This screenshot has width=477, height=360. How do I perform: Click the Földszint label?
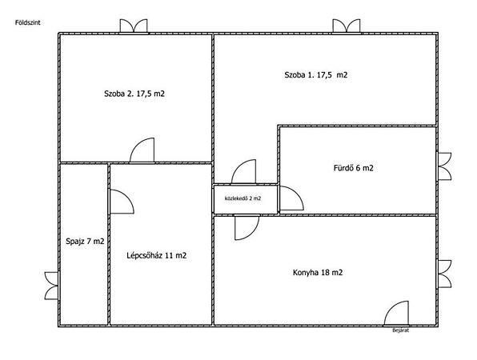click(28, 22)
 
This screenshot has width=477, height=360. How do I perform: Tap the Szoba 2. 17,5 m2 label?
click(134, 94)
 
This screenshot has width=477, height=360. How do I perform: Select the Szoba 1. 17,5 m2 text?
click(316, 74)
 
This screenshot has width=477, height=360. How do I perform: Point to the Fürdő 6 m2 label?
click(353, 168)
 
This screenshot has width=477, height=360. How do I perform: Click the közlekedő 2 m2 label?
click(243, 198)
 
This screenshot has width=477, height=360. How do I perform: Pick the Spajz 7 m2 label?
click(85, 242)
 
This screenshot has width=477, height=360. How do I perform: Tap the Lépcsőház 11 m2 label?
click(156, 255)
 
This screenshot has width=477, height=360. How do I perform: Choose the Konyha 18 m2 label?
click(318, 273)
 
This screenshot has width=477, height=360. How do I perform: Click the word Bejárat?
click(401, 330)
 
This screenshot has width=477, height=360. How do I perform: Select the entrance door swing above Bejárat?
click(396, 313)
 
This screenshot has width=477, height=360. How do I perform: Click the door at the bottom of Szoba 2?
click(142, 150)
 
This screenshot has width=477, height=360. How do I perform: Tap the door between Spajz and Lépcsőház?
click(122, 202)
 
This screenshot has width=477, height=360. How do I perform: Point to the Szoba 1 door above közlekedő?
click(243, 171)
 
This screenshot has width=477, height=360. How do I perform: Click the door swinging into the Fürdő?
click(291, 198)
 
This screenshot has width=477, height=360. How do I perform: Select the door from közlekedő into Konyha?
click(247, 227)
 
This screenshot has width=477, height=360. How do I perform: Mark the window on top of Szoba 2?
click(134, 26)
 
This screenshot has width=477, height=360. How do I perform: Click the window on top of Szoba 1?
click(347, 26)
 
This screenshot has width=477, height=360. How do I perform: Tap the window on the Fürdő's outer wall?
click(444, 166)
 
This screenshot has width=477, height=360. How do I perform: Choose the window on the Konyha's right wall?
click(444, 274)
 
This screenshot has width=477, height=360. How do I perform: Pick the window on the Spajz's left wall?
click(51, 286)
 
